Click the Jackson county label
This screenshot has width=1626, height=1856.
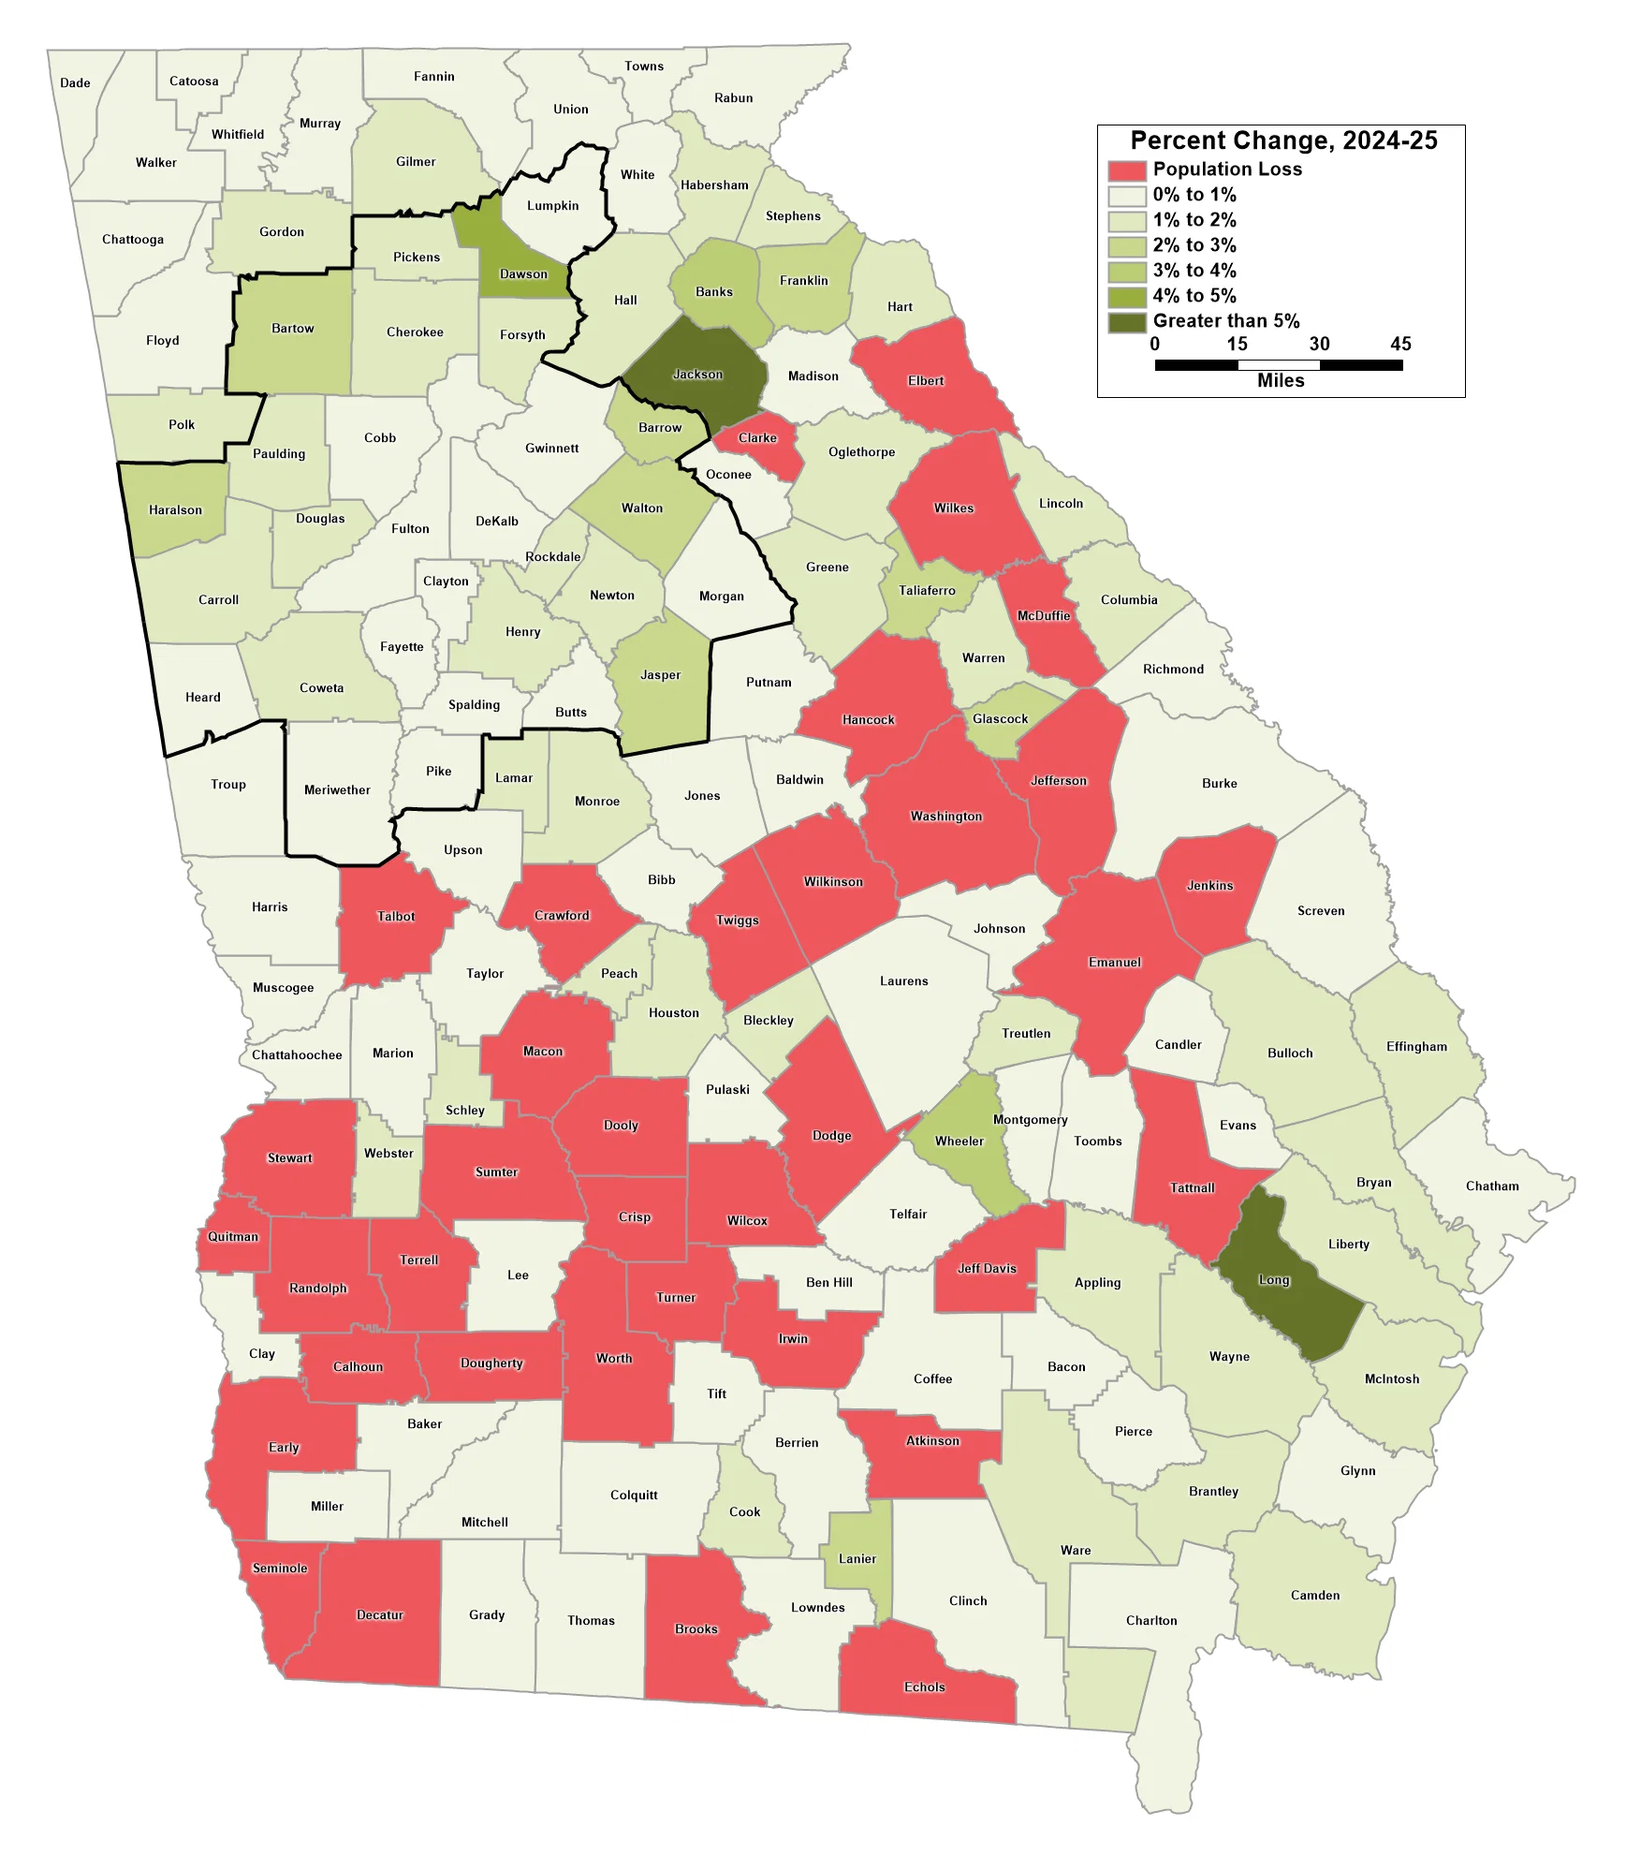(x=697, y=375)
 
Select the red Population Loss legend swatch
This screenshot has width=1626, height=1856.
(x=1126, y=170)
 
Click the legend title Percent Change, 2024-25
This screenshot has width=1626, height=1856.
(x=1283, y=140)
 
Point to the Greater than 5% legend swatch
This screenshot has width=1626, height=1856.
(x=1126, y=322)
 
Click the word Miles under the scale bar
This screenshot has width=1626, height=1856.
(x=1281, y=381)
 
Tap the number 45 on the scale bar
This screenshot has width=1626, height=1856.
(x=1400, y=344)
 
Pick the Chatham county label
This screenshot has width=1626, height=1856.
(x=1492, y=1186)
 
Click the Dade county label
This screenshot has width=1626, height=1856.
(x=75, y=83)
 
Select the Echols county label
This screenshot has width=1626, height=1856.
(x=924, y=1687)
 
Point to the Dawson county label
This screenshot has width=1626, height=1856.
(x=523, y=274)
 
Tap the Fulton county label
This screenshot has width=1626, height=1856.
(x=410, y=529)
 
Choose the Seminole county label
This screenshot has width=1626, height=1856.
(x=280, y=1569)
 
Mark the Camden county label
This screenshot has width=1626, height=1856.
(x=1315, y=1596)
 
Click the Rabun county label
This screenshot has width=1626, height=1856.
(x=733, y=98)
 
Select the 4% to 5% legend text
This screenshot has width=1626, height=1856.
(x=1194, y=296)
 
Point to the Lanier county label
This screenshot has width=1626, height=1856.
(x=857, y=1559)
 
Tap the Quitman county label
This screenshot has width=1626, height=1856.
(x=233, y=1237)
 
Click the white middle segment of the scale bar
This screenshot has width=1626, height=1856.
(x=1278, y=365)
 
